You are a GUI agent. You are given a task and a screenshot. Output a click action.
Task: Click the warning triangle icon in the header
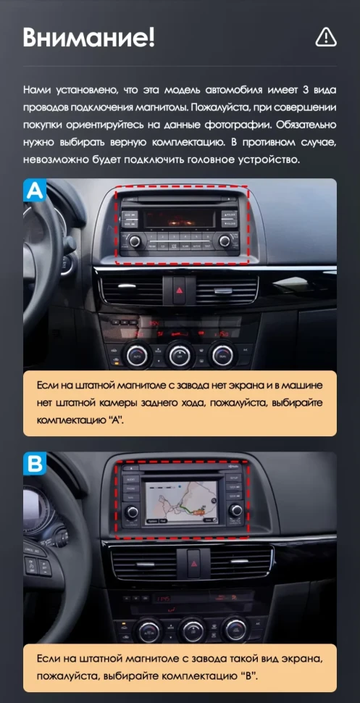click(326, 36)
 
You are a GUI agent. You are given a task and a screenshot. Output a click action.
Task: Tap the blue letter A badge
click(35, 191)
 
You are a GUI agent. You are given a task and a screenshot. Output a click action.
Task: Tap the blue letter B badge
click(35, 464)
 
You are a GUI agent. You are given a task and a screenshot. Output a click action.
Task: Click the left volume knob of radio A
click(134, 241)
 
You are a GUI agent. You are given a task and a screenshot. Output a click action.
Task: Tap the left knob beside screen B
click(133, 512)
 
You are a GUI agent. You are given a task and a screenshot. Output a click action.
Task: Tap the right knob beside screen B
click(236, 511)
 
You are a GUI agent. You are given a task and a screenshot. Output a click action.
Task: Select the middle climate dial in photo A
click(179, 354)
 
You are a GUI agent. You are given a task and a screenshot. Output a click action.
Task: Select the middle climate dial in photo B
click(193, 628)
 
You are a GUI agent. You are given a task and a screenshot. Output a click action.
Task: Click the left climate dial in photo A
click(137, 355)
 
